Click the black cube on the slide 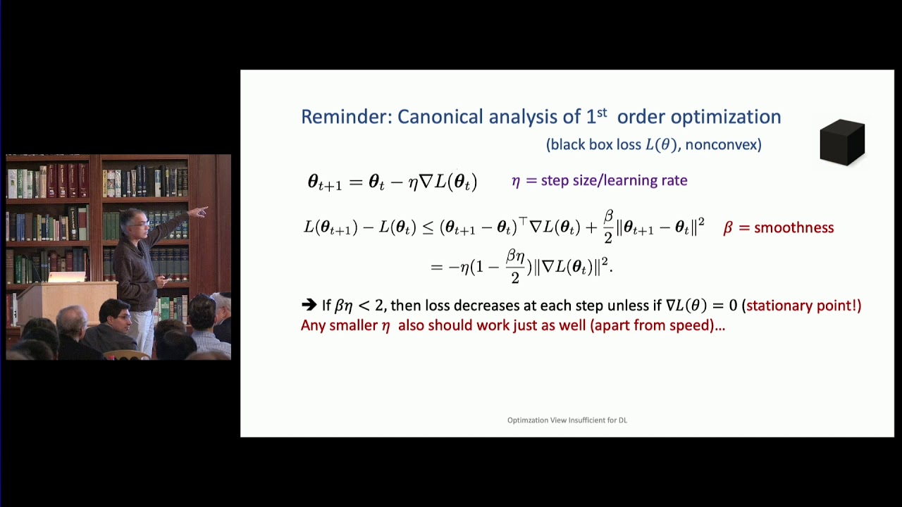pos(842,142)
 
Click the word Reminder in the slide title pos(345,117)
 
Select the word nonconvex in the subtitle pos(723,145)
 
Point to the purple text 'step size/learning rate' pos(614,180)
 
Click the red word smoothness pos(793,227)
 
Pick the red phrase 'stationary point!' pos(803,306)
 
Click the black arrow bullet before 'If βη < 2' pos(309,305)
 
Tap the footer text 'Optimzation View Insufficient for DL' pos(567,420)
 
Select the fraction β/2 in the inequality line pos(608,227)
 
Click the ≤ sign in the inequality pos(428,227)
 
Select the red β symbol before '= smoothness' pos(728,228)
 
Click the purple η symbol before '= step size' pos(516,181)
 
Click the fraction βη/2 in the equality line pos(515,267)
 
